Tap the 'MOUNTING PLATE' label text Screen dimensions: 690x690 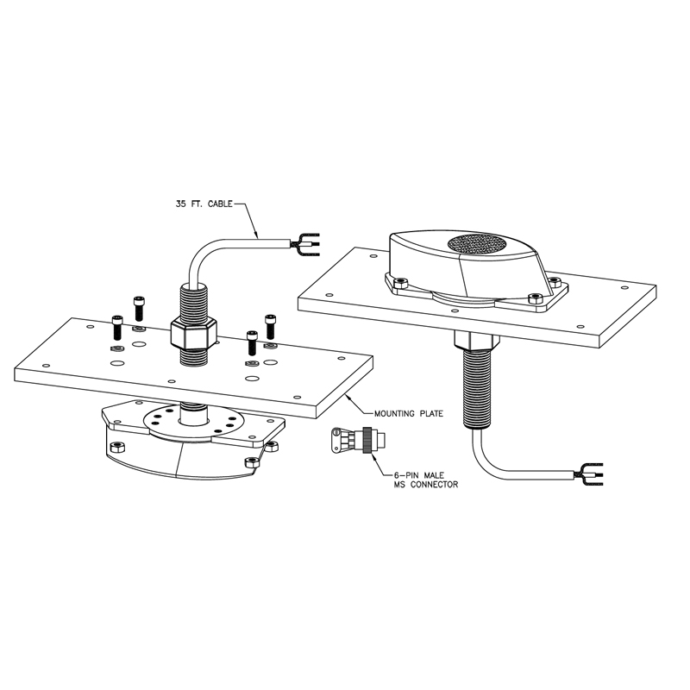tap(409, 413)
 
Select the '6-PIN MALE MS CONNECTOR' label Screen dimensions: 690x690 tap(421, 480)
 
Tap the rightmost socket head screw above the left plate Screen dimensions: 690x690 tap(270, 325)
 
